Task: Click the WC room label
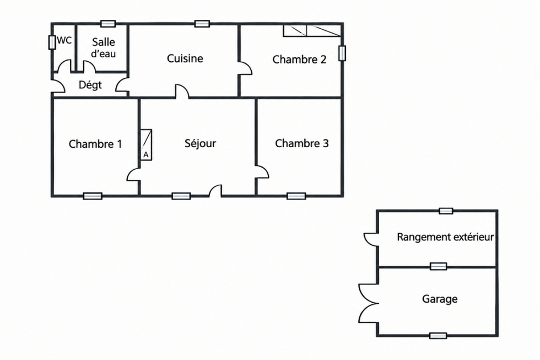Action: point(64,41)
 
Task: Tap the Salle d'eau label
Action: point(104,48)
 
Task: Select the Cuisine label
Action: point(185,58)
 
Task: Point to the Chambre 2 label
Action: point(299,60)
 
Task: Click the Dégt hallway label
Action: point(90,85)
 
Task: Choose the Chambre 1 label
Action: point(95,144)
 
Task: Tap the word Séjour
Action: point(200,143)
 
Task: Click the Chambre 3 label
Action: point(302,143)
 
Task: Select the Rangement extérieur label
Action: point(446,237)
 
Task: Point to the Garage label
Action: point(440,299)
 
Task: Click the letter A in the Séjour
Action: point(146,155)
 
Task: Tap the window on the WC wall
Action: point(52,42)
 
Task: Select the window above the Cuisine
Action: point(202,24)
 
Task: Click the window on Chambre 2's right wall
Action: point(342,53)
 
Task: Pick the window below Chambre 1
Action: point(93,196)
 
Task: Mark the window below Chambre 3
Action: point(296,196)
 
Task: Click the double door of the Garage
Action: point(369,304)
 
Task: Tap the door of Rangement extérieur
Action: point(371,239)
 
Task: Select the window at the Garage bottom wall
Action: point(438,336)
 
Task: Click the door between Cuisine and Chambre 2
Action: point(246,68)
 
